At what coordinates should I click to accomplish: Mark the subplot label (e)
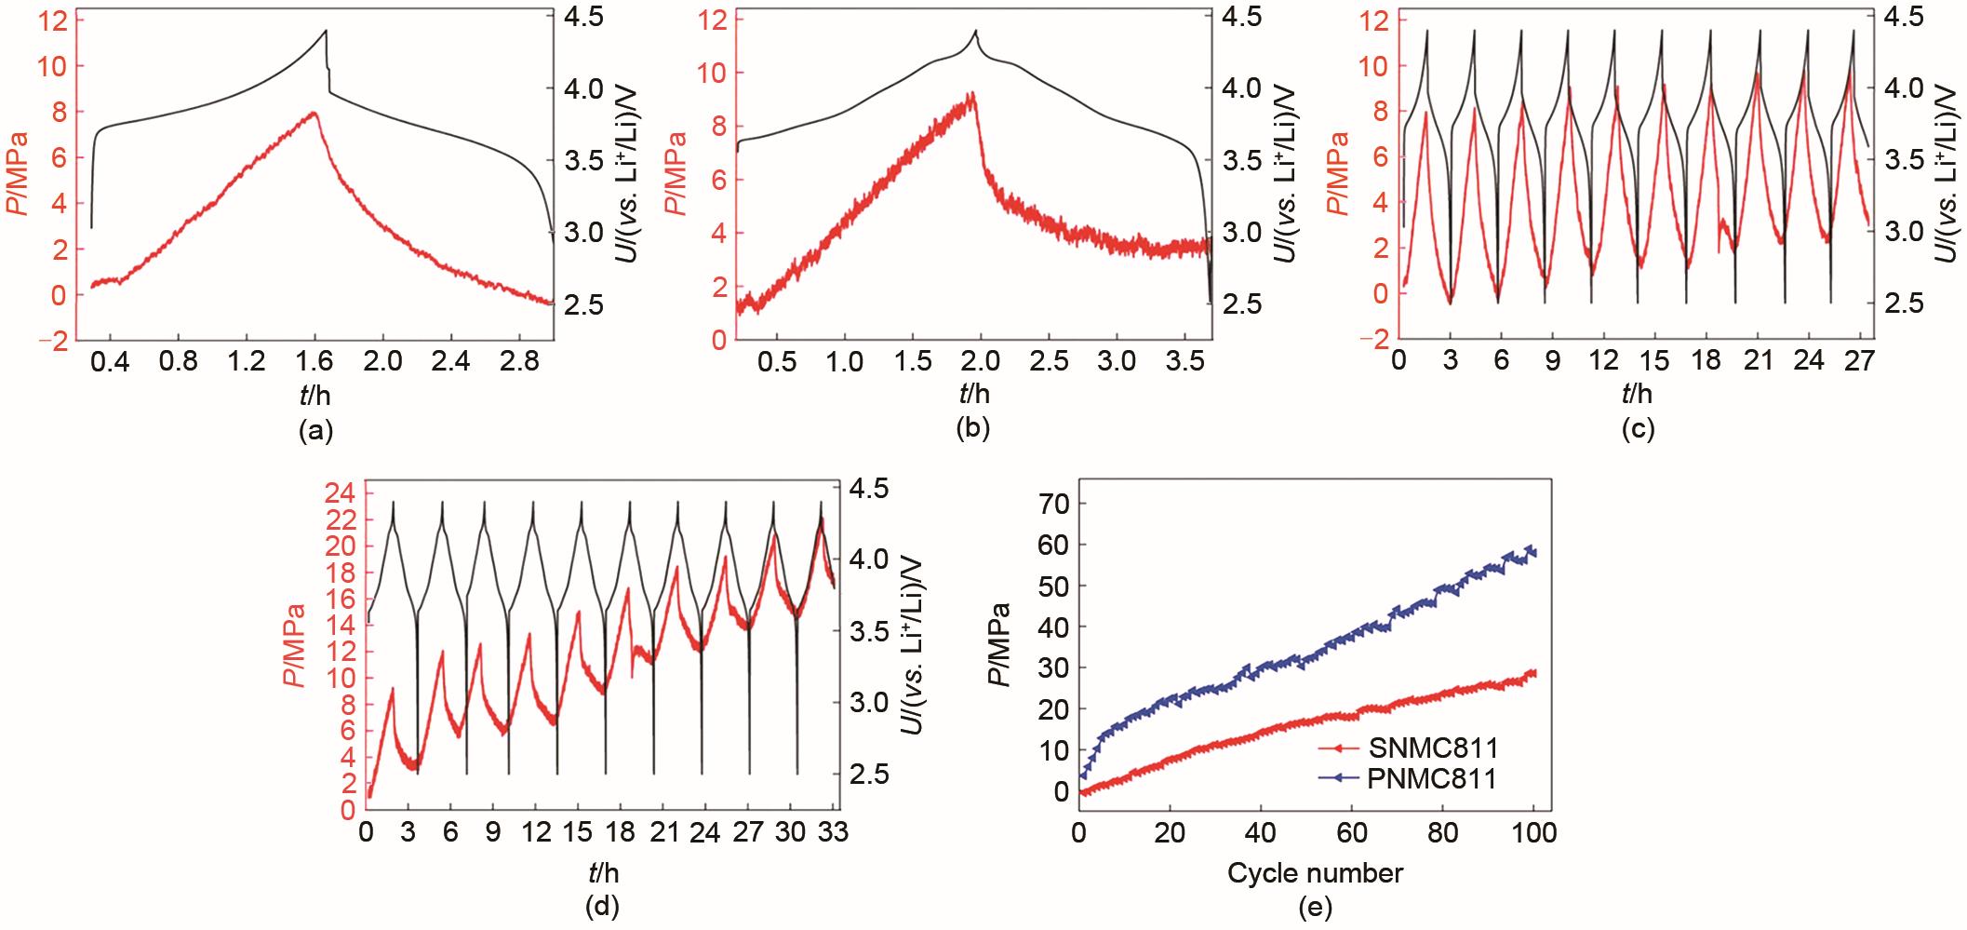coord(1314,906)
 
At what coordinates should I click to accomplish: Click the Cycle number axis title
coord(1314,873)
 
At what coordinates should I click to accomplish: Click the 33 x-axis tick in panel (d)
coord(833,832)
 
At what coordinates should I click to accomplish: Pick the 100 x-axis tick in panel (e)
coord(1534,832)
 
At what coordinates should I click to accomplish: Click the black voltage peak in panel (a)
coord(327,31)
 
